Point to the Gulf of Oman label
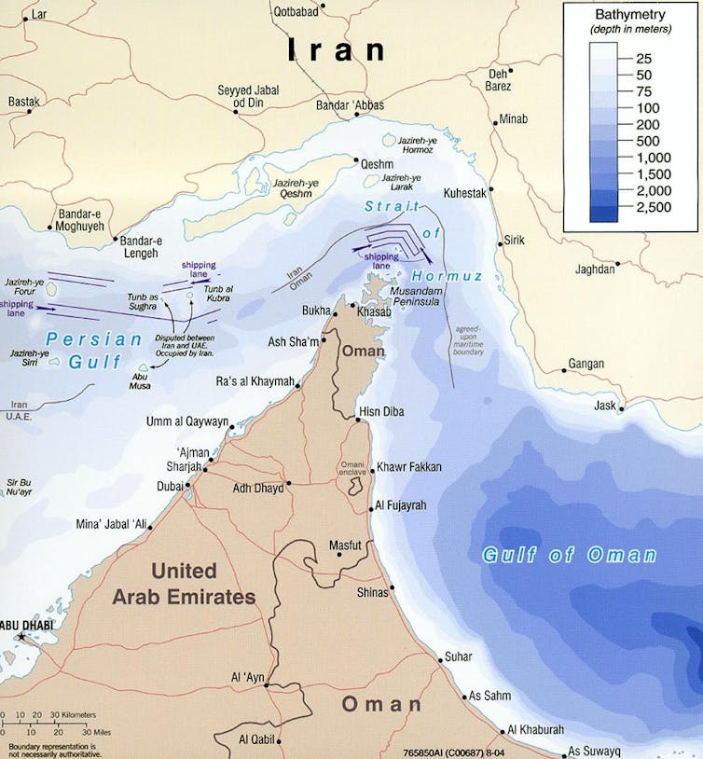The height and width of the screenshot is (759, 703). point(569,556)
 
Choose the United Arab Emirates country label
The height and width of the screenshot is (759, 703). point(184,584)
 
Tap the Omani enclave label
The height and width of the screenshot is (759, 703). point(352,471)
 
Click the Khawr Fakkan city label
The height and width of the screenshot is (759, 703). point(408,466)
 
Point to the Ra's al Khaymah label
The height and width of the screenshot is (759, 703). point(255,381)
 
